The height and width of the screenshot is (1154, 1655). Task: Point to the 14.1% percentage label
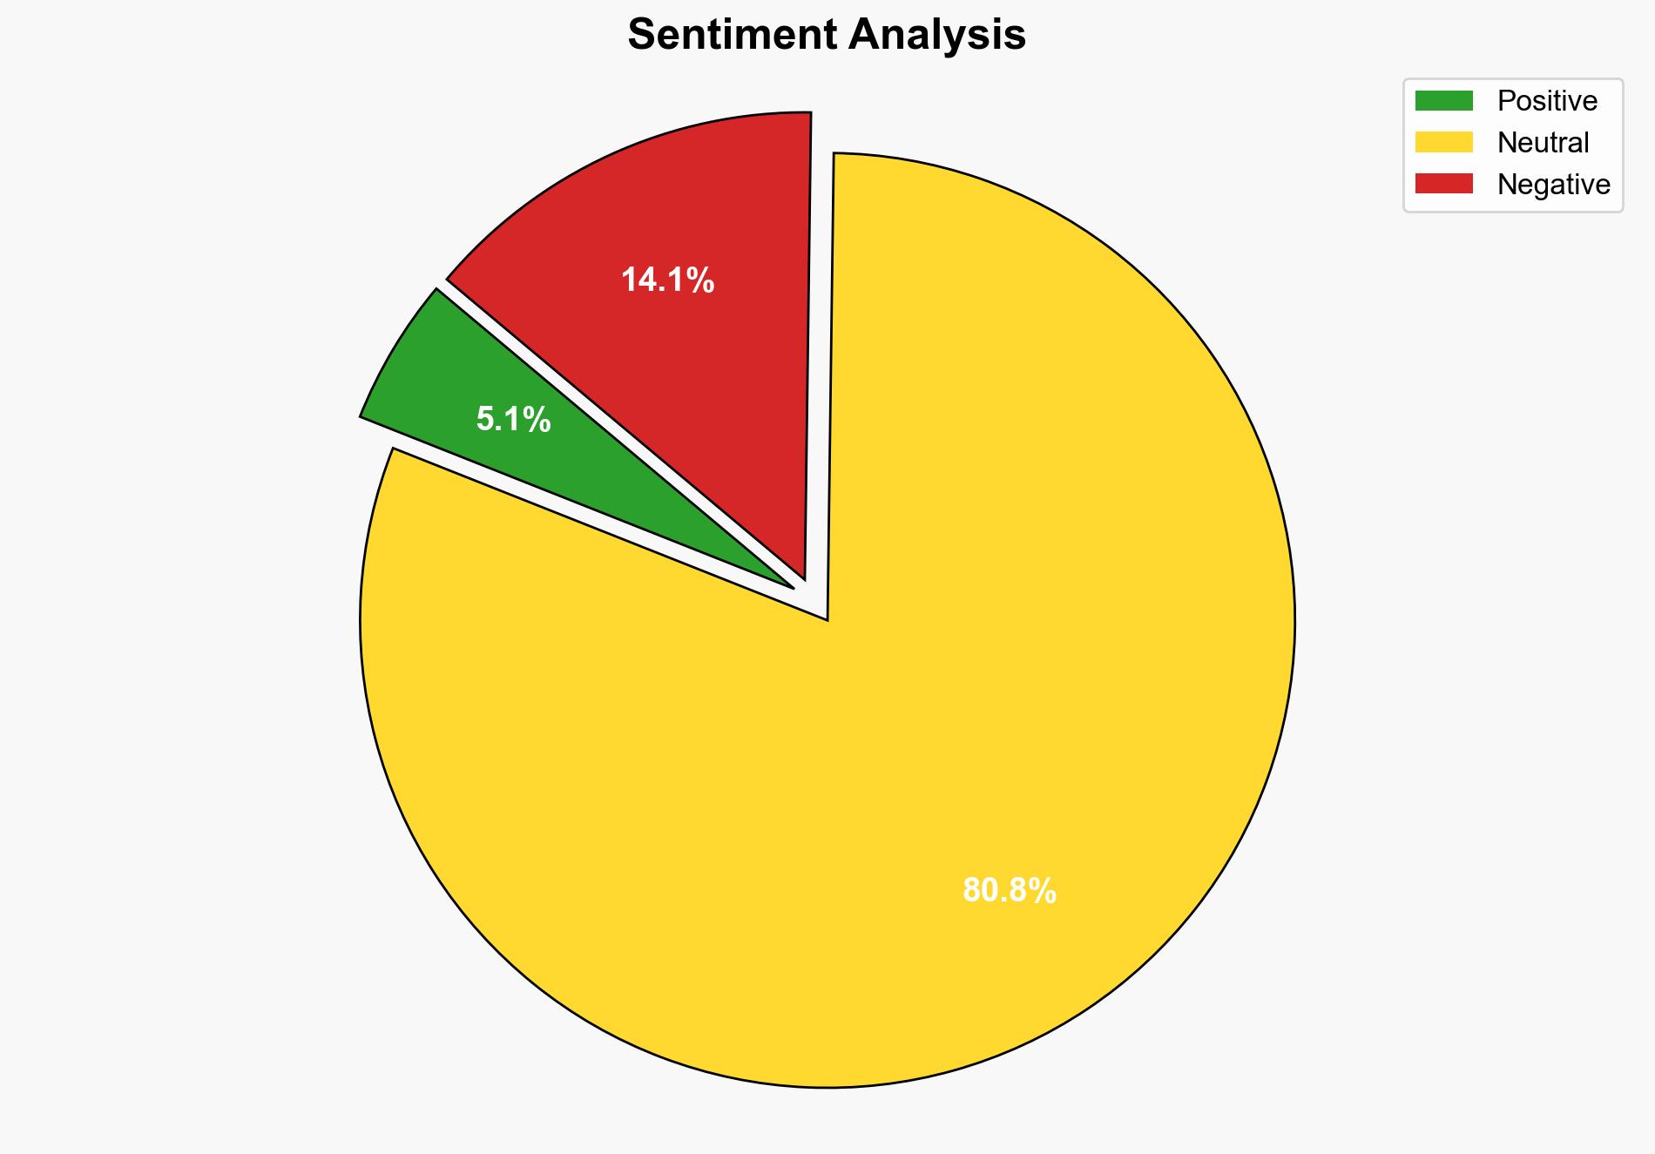tap(667, 280)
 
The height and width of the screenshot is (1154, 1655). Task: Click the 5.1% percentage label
tap(513, 420)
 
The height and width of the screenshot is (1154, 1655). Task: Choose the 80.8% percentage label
tap(1009, 891)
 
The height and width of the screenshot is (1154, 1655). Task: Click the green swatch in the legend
tap(1443, 101)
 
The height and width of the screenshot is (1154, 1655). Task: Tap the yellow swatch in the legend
tap(1443, 142)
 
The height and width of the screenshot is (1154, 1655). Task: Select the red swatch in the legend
tap(1443, 184)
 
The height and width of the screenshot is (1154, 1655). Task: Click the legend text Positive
tap(1547, 101)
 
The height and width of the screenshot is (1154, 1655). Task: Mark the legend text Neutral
tap(1543, 142)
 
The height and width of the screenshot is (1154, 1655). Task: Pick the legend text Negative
tap(1553, 184)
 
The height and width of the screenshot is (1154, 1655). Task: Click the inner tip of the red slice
tap(804, 577)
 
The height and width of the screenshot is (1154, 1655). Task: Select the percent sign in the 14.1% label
tap(699, 280)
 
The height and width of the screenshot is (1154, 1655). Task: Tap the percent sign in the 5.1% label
tap(537, 420)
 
